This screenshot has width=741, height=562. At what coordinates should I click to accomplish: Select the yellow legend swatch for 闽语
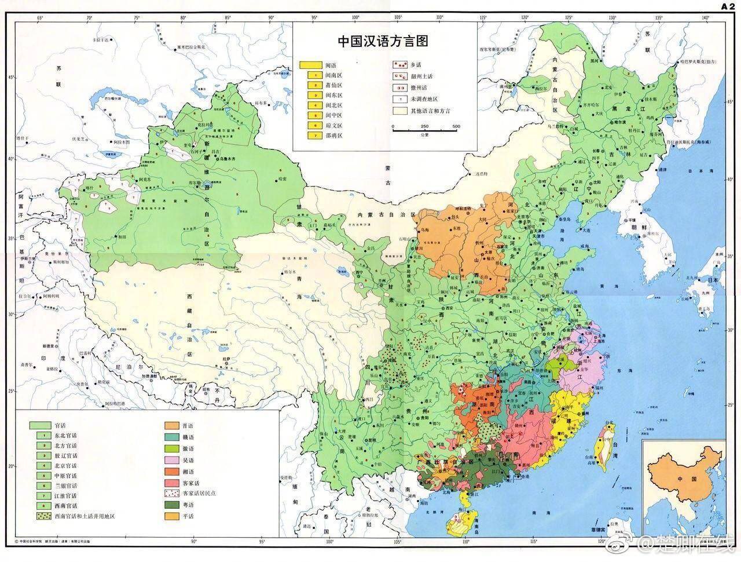[311, 65]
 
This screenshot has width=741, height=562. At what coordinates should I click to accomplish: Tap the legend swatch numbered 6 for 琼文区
[311, 125]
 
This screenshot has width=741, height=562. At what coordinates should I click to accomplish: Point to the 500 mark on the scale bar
[456, 126]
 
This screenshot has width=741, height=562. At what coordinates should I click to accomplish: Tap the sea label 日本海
[702, 172]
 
